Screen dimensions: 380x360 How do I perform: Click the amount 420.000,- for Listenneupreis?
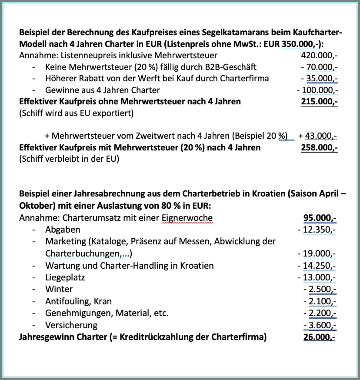(319, 55)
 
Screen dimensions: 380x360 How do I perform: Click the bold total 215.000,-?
(319, 102)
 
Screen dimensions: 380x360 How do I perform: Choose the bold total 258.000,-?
(319, 147)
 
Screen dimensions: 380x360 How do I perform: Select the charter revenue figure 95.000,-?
(320, 218)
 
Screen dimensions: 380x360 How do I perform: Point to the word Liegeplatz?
(65, 277)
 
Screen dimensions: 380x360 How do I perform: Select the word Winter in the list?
(59, 289)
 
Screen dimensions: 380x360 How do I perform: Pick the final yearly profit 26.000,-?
(320, 337)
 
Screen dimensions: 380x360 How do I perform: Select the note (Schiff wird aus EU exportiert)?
(77, 113)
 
